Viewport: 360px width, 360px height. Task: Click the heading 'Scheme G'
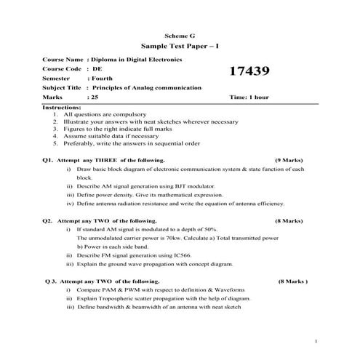pyautogui.click(x=180, y=34)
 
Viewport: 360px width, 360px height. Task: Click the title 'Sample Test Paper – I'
pyautogui.click(x=180, y=45)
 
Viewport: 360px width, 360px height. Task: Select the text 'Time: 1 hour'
pyautogui.click(x=249, y=97)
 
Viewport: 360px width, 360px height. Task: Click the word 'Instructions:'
pyautogui.click(x=61, y=107)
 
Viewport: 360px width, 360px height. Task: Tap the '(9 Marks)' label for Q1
pyautogui.click(x=289, y=159)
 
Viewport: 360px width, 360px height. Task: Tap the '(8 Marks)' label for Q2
pyautogui.click(x=289, y=220)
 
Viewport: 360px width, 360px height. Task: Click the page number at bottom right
pyautogui.click(x=317, y=341)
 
